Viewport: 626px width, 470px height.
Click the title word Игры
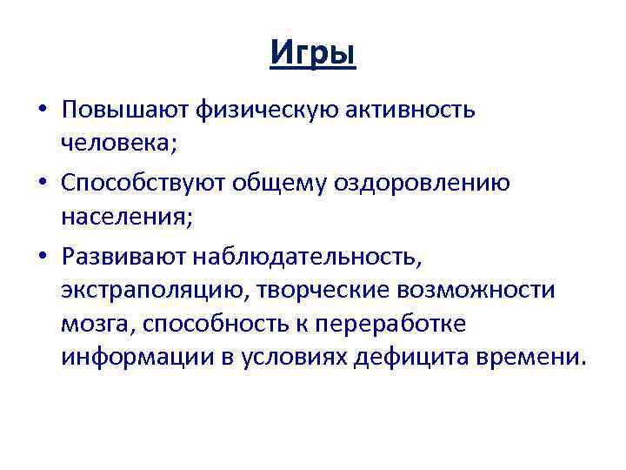313,55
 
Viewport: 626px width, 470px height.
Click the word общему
307,184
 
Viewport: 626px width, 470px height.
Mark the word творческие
323,290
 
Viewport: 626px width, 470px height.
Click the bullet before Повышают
42,111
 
